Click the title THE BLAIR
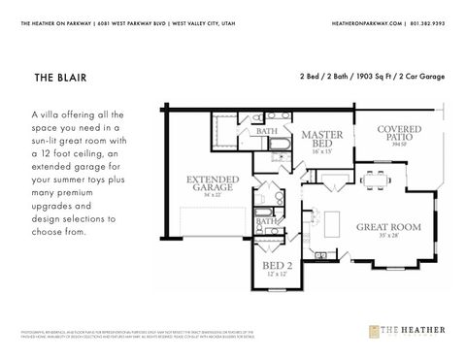tap(58, 76)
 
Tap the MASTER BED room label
tap(321, 141)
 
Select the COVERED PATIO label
tap(398, 133)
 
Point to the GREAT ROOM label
tap(388, 227)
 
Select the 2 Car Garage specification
tap(422, 76)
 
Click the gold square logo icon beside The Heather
tap(374, 331)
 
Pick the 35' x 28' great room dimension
tap(388, 236)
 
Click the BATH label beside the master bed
tap(267, 130)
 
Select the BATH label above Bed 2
tap(266, 222)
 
